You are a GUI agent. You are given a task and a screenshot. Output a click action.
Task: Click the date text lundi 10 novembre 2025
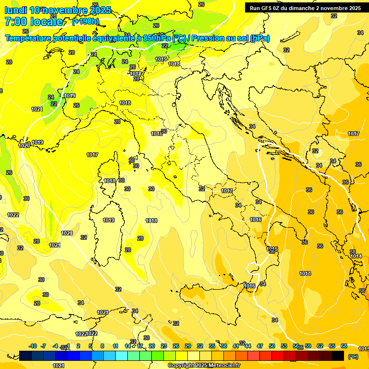[x=58, y=10]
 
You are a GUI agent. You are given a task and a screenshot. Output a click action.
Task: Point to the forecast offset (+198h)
[x=85, y=22]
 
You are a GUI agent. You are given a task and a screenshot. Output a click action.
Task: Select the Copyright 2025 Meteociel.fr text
[x=204, y=365]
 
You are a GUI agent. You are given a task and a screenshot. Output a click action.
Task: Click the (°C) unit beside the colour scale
[x=353, y=357]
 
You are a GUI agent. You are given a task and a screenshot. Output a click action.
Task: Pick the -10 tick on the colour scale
[x=33, y=346]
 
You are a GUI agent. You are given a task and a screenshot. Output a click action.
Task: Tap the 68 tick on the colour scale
[x=344, y=346]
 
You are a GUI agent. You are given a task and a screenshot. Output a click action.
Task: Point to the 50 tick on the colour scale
[x=272, y=346]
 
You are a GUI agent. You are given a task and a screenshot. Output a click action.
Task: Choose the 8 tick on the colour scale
[x=102, y=346]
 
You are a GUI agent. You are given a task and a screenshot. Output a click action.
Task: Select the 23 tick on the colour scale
[x=164, y=346]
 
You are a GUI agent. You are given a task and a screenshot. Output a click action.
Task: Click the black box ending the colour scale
[x=338, y=356]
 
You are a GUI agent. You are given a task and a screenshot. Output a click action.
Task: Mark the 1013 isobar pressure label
[x=305, y=273]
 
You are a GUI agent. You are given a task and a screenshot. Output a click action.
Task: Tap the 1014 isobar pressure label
[x=356, y=256]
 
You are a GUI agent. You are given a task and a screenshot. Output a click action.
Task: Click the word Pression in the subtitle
[x=209, y=38]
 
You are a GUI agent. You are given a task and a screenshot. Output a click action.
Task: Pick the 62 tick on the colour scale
[x=320, y=346]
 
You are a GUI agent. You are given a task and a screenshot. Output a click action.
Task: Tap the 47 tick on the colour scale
[x=260, y=346]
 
